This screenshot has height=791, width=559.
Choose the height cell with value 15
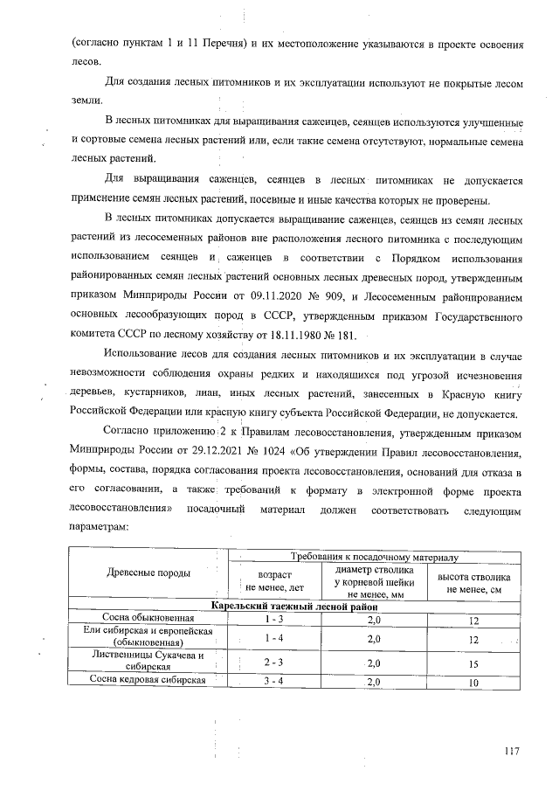pos(473,663)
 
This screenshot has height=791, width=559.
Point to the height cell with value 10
pos(473,683)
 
